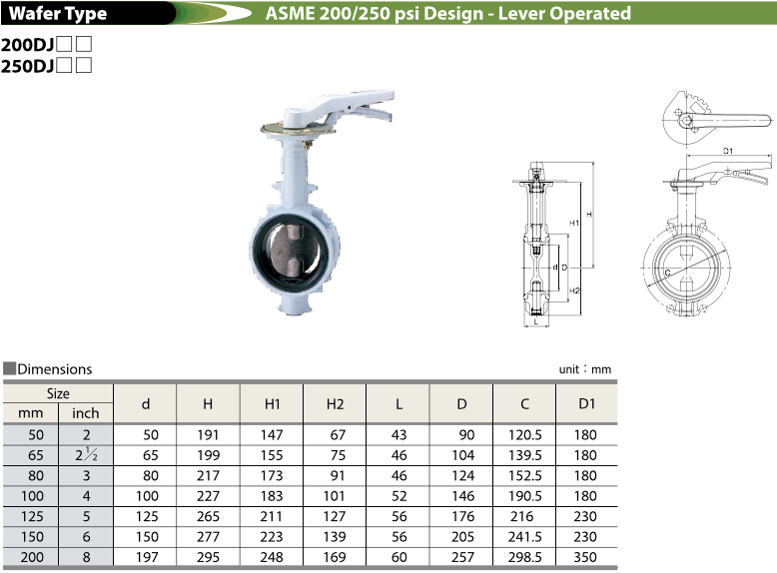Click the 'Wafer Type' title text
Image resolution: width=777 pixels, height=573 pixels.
[58, 13]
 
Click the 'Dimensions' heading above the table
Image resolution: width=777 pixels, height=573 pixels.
[55, 369]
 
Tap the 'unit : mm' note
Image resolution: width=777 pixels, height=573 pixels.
[584, 369]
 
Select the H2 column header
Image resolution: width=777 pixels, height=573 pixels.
[335, 404]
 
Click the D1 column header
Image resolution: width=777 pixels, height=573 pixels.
[586, 403]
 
